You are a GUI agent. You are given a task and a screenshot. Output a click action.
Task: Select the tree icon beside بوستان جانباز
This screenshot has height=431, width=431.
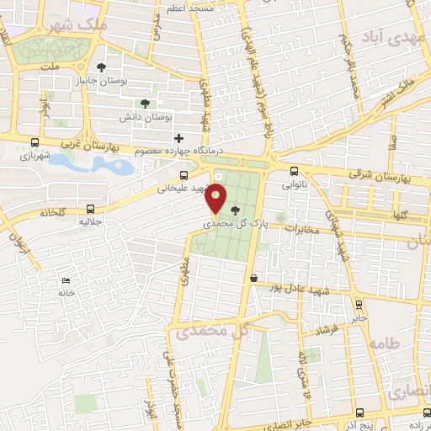pos(102,67)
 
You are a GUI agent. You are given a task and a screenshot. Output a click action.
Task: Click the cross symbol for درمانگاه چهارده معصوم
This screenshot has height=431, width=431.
pos(177,138)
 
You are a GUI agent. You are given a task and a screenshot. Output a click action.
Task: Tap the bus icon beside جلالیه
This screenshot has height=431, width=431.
pos(90,209)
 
